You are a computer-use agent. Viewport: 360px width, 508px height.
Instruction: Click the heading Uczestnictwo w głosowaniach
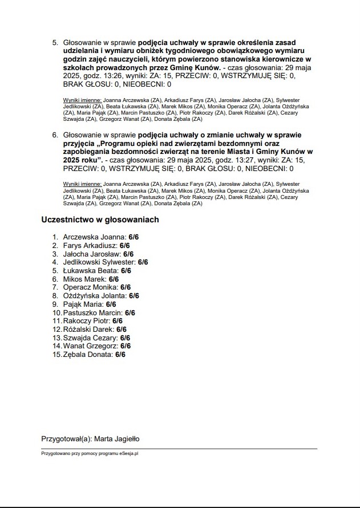[x=100, y=220]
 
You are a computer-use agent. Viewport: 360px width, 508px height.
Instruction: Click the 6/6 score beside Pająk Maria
[x=111, y=304]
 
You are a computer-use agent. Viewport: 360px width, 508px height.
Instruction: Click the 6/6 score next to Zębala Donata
[x=120, y=355]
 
